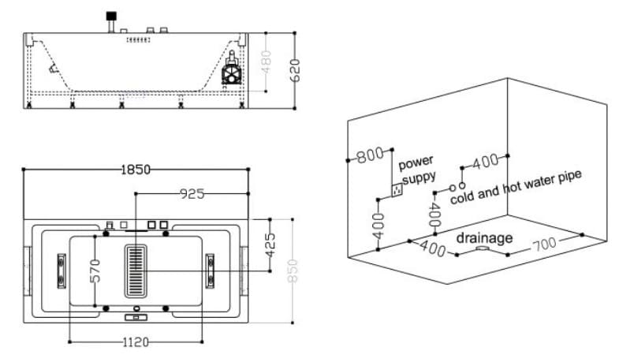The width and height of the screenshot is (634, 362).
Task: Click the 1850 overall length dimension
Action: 136,170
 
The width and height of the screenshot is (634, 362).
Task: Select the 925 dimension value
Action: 192,194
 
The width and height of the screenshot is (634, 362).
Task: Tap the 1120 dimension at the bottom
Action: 136,342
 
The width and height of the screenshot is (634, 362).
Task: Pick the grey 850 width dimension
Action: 293,271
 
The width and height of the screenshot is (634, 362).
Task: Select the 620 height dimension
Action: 295,70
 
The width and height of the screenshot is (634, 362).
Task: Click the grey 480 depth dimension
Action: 266,62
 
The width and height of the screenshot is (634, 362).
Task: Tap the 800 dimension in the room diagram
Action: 370,155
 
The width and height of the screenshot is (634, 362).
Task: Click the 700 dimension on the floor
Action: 545,244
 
